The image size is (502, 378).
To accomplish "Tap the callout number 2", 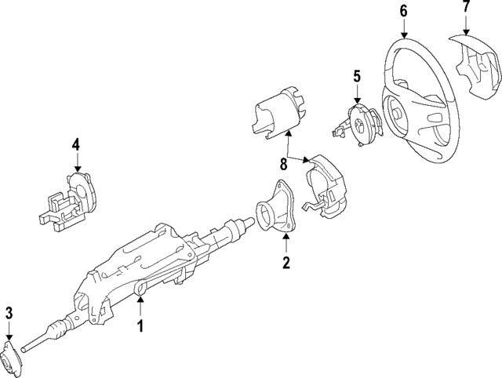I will tap(286, 262).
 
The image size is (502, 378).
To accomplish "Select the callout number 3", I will tap(9, 314).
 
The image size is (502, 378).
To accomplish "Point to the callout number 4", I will tap(76, 144).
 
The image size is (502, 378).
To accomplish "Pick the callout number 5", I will tap(356, 76).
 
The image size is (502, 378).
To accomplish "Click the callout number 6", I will tap(403, 10).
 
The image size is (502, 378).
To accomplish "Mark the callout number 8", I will tap(284, 163).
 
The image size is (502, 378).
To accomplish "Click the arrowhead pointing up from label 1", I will tap(140, 298).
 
